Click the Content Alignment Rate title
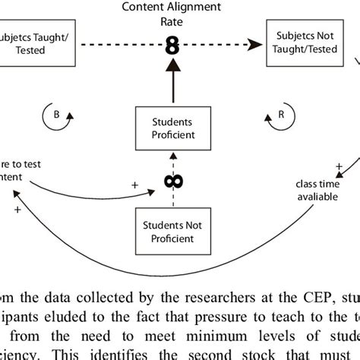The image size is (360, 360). (172, 14)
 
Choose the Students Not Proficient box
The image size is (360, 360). (172, 230)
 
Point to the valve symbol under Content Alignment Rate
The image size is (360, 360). (172, 46)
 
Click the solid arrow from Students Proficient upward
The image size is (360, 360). (172, 84)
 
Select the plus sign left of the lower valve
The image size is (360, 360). (136, 185)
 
